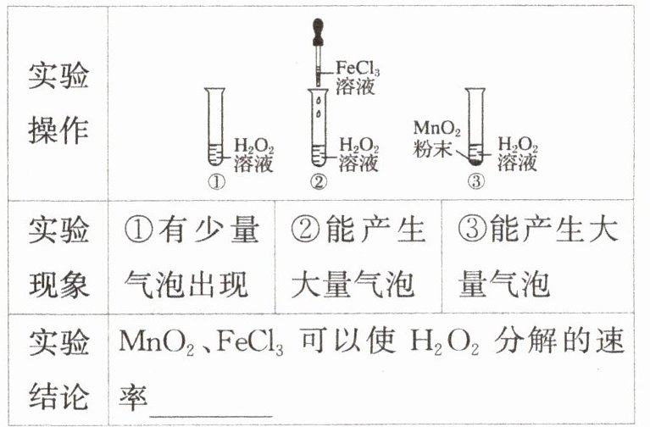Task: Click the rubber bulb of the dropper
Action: pos(317,26)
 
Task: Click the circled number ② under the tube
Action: pos(318,181)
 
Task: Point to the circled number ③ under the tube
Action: pos(476,181)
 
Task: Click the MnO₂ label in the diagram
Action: pos(437,130)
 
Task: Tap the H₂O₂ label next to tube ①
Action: pos(253,145)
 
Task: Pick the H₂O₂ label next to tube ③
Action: pos(518,145)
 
